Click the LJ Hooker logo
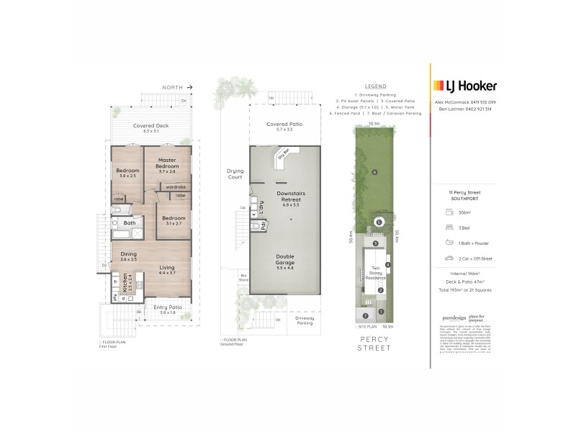pos(464,86)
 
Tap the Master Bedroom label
pos(167,163)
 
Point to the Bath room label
pos(130,223)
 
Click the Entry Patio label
pos(167,307)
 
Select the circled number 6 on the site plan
pos(375,173)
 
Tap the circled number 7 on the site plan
pos(366,315)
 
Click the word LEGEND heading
pos(376,86)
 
